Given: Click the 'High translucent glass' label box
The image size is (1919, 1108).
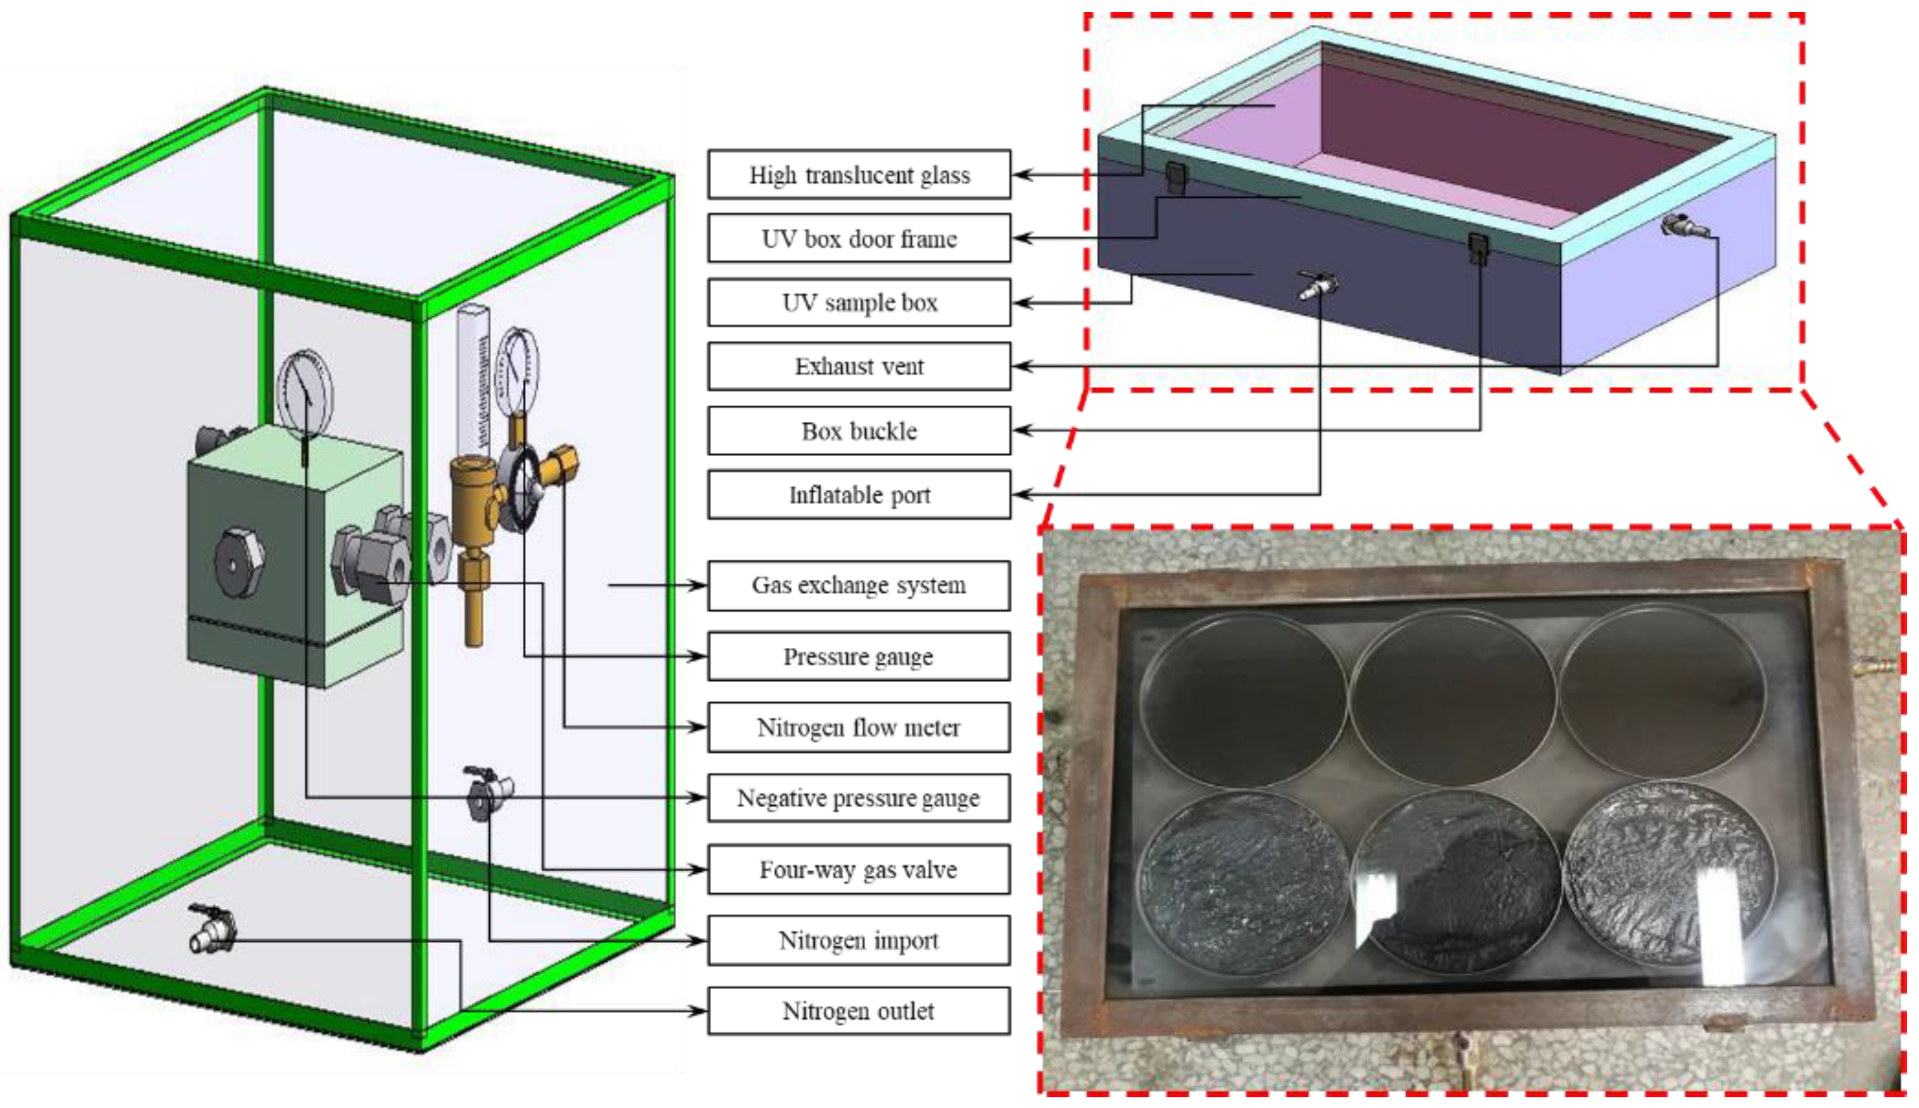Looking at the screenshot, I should [859, 175].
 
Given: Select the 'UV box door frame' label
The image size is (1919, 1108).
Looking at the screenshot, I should [859, 239].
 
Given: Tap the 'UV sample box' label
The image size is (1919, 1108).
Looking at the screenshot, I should [859, 303].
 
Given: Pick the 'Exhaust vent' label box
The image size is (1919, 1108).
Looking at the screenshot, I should [859, 367].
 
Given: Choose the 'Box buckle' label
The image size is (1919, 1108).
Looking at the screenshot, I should [859, 431].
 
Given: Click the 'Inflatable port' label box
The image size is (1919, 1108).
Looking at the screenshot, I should [859, 494].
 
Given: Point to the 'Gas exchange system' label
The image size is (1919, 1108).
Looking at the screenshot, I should [859, 585].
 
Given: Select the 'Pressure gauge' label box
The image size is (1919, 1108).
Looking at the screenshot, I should [859, 656].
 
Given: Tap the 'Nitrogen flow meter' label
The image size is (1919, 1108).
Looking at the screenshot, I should [859, 727].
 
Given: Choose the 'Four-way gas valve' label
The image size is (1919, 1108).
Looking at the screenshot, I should [859, 869].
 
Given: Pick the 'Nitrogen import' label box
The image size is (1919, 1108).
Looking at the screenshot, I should [859, 940].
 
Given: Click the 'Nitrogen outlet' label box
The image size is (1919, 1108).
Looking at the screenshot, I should [859, 1011].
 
